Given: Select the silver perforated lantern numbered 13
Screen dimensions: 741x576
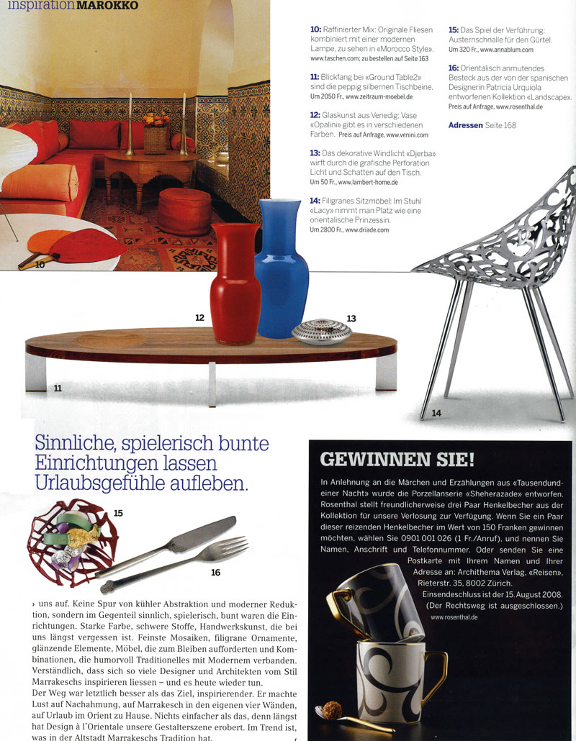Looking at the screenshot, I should pos(321,331).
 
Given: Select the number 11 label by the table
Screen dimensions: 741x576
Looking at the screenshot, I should pos(57,388).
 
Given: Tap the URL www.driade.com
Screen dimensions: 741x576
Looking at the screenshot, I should pos(366,230).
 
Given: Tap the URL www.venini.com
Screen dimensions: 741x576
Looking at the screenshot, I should pos(407,135).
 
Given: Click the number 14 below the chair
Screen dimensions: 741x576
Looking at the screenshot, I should pos(436,412).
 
